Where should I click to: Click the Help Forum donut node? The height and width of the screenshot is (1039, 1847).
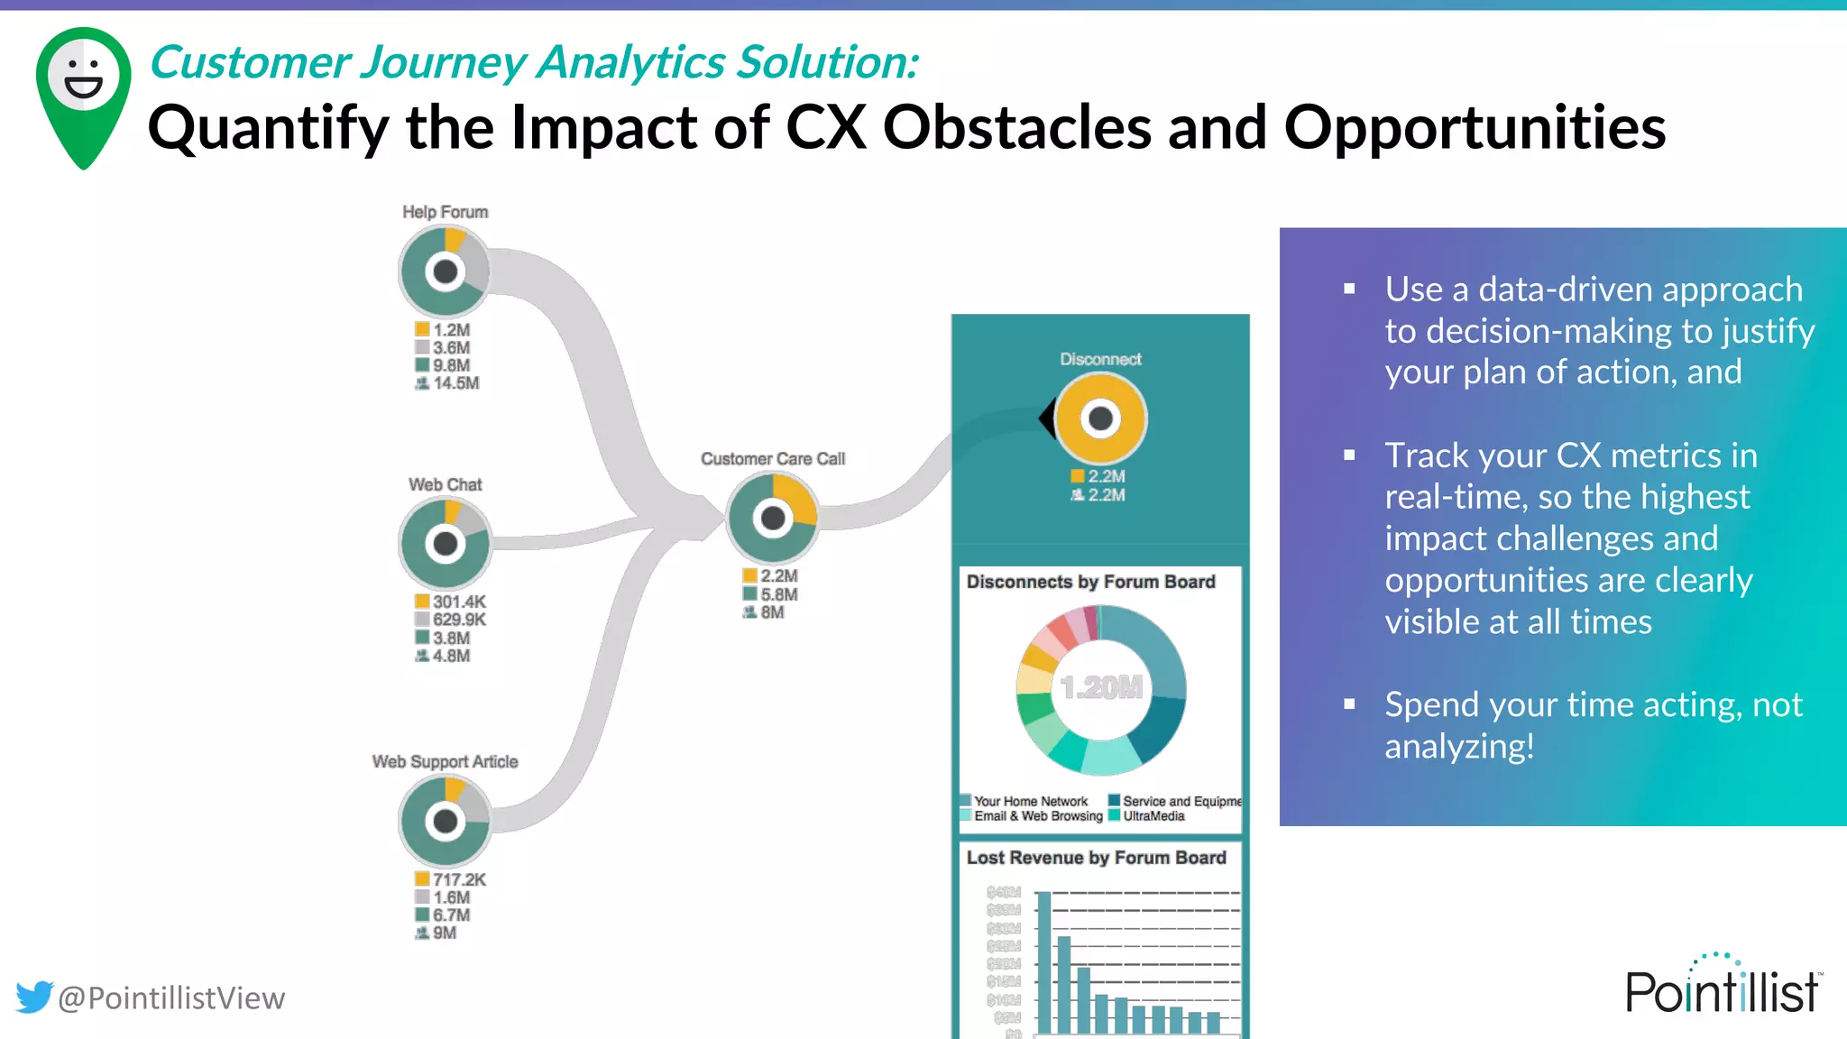pyautogui.click(x=445, y=271)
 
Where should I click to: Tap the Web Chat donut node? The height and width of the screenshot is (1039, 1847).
pyautogui.click(x=445, y=544)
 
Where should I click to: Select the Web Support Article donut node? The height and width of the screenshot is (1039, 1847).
pyautogui.click(x=445, y=821)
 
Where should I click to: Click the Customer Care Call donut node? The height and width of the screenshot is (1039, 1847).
pyautogui.click(x=773, y=518)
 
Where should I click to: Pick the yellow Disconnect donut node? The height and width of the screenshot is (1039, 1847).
pyautogui.click(x=1100, y=418)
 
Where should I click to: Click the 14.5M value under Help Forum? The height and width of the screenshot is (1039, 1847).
pyautogui.click(x=455, y=383)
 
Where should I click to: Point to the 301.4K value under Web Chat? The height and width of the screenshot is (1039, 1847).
pyautogui.click(x=458, y=602)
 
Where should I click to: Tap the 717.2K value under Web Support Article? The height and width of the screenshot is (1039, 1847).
pyautogui.click(x=458, y=879)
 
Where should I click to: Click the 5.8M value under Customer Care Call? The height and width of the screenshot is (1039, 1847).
pyautogui.click(x=778, y=594)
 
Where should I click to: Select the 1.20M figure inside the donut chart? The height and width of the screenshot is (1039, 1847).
pyautogui.click(x=1101, y=688)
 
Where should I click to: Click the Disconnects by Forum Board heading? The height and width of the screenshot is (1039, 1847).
pyautogui.click(x=1090, y=582)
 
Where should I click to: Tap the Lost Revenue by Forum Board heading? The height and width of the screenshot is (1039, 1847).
pyautogui.click(x=1096, y=858)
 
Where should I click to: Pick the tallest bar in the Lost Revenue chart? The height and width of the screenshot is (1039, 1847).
pyautogui.click(x=1043, y=961)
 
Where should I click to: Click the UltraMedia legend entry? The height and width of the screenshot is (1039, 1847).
pyautogui.click(x=1153, y=816)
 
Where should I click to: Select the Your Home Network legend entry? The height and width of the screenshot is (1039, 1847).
pyautogui.click(x=1030, y=801)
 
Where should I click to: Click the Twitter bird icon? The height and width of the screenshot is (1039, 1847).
pyautogui.click(x=34, y=997)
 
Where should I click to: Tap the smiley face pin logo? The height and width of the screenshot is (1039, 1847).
pyautogui.click(x=84, y=95)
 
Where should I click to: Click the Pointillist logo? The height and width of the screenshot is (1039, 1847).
pyautogui.click(x=1722, y=987)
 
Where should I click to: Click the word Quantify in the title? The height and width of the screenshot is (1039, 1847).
pyautogui.click(x=269, y=128)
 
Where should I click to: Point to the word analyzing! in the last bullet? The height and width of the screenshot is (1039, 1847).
pyautogui.click(x=1459, y=747)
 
